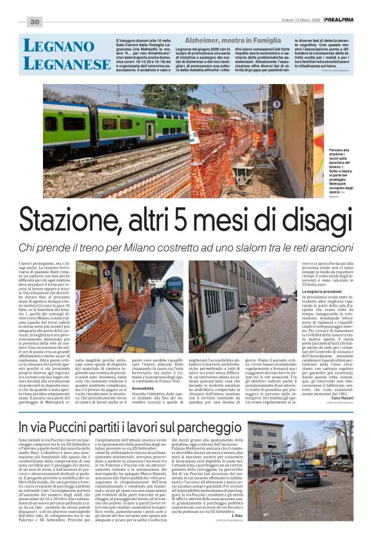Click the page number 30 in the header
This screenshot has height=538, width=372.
(34, 22)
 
